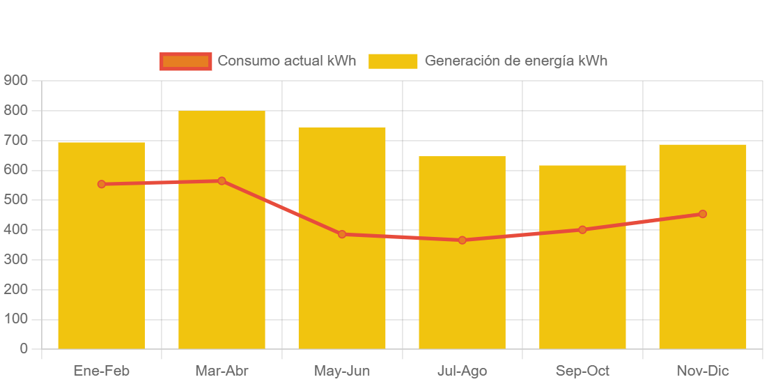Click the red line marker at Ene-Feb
click(x=102, y=184)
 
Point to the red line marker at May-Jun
click(x=342, y=234)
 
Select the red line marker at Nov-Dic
click(x=702, y=214)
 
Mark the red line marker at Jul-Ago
click(x=462, y=240)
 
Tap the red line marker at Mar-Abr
click(x=222, y=181)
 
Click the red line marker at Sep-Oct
click(x=582, y=229)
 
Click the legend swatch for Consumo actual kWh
click(x=185, y=61)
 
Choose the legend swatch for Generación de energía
click(x=392, y=61)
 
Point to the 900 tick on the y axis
click(x=15, y=81)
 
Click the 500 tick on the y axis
click(x=15, y=200)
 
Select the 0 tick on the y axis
click(x=24, y=348)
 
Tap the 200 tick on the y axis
click(x=15, y=289)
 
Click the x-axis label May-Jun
click(x=342, y=371)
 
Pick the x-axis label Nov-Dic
click(x=702, y=371)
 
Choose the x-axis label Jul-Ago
click(x=462, y=371)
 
